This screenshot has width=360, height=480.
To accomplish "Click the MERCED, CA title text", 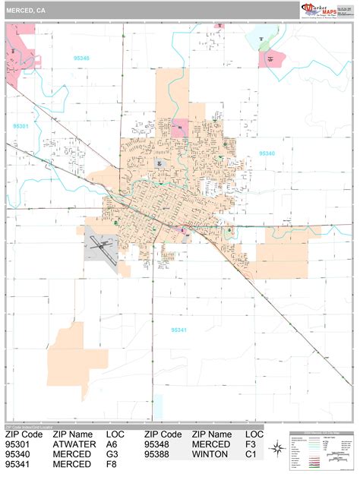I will (24, 11).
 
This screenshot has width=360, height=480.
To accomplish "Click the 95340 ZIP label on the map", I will (267, 153).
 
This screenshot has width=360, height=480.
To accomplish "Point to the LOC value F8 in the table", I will (113, 463).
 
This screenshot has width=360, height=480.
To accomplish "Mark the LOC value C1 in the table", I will (251, 453).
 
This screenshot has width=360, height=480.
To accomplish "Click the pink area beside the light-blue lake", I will (271, 59).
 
